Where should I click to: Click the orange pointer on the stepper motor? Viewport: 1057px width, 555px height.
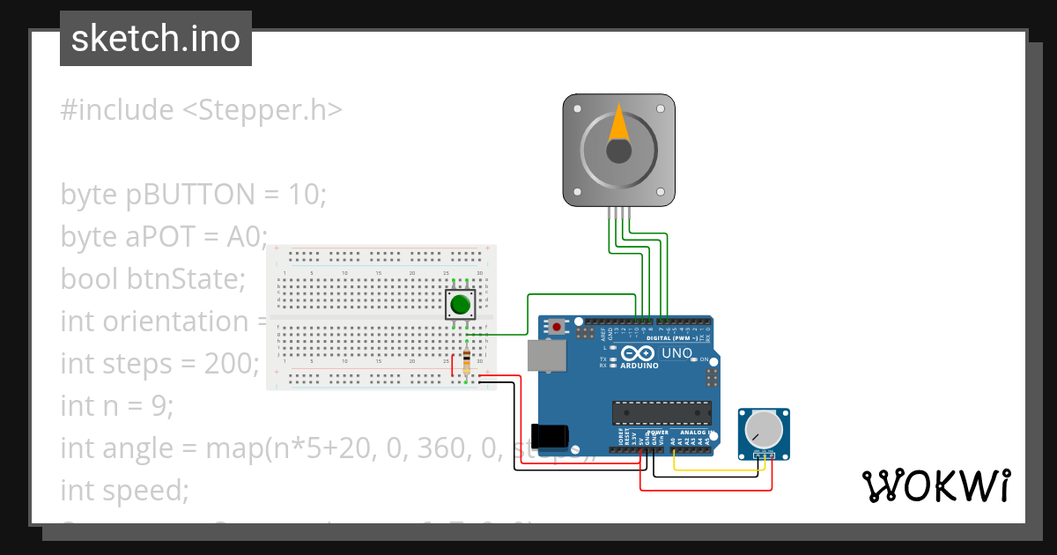click(619, 124)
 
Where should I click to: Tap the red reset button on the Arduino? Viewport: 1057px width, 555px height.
click(556, 326)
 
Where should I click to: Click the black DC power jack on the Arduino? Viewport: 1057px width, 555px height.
click(554, 434)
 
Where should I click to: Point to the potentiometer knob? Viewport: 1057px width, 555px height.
click(763, 429)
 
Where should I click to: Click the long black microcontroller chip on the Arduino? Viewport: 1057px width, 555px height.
click(662, 412)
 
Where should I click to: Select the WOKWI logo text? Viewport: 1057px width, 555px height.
click(935, 485)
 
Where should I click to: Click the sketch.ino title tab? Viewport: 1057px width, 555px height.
click(155, 39)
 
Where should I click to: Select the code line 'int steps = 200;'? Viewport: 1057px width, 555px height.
click(159, 363)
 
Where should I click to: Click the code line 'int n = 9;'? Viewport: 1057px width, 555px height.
click(117, 405)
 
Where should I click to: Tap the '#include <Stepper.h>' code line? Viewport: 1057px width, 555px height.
click(201, 110)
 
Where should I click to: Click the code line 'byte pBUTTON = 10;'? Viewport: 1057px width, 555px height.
click(193, 194)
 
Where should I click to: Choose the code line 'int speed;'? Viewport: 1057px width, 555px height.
click(124, 490)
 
